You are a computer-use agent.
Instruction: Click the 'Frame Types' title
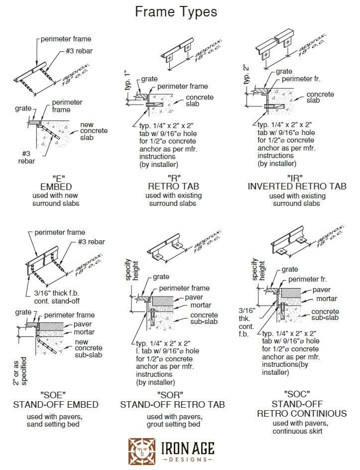coord(176,12)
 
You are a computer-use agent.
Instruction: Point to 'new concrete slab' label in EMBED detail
coord(94,131)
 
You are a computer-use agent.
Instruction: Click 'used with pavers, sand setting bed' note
coord(55,420)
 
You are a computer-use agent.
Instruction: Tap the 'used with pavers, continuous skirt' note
coord(301,427)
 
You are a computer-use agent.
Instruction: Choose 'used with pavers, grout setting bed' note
coord(173,420)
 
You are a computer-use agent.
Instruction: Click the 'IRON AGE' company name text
coord(188,447)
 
